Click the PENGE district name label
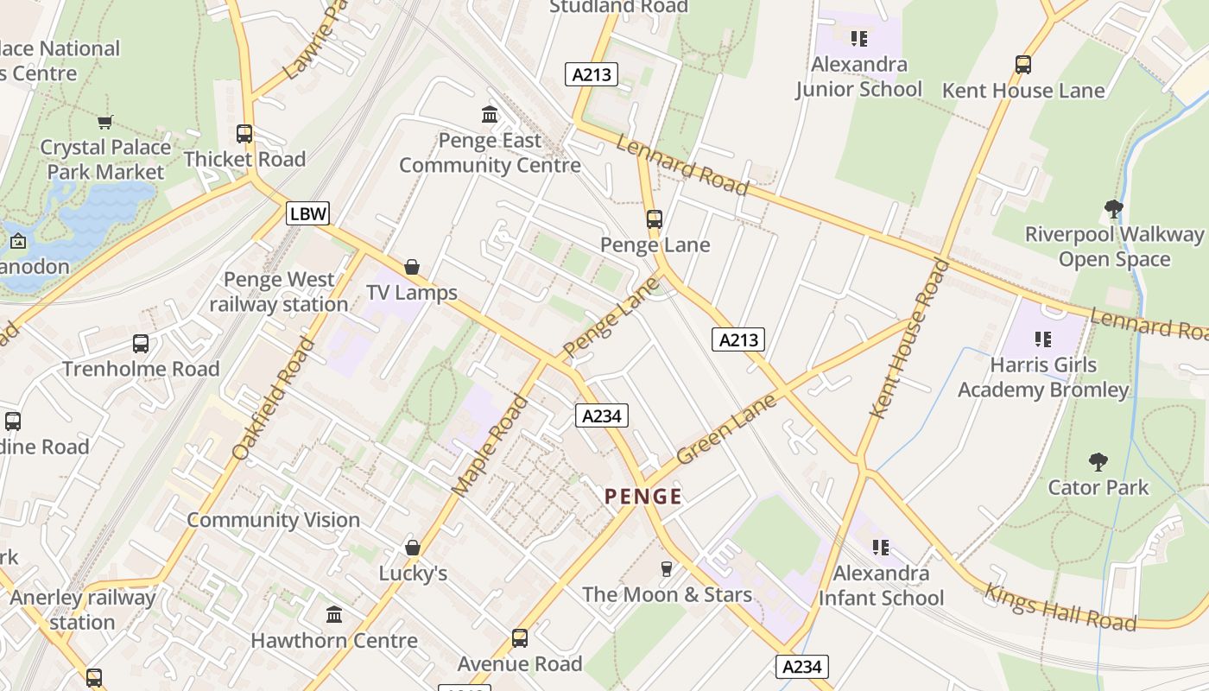643,497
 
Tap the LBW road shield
308,213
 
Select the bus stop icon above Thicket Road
244,134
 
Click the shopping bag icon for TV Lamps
412,267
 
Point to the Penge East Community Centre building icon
490,114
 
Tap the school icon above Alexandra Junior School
858,39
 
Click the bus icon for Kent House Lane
1023,65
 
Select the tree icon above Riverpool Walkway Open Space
1114,208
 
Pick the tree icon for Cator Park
1098,461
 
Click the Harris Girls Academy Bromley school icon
1042,339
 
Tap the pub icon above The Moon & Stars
666,568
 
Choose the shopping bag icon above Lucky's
413,548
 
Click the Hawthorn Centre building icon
334,614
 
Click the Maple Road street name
490,446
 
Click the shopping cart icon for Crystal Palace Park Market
105,122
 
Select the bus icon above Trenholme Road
141,344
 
